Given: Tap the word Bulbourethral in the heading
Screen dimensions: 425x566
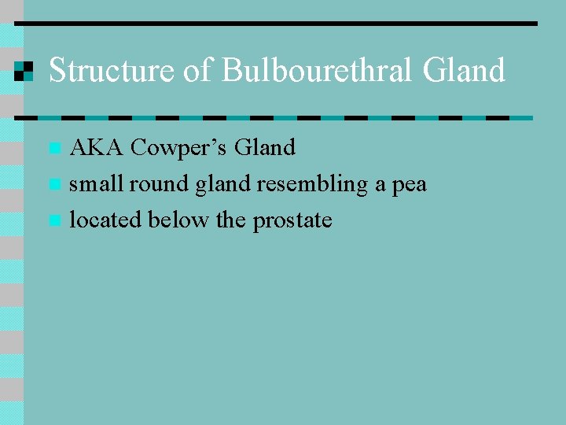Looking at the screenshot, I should (318, 71).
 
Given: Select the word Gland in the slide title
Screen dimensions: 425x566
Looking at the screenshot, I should (464, 71).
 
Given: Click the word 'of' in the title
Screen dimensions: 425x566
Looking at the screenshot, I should (199, 71).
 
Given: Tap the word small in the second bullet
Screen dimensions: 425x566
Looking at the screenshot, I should (96, 184).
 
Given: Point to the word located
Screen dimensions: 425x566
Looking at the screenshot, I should (106, 220).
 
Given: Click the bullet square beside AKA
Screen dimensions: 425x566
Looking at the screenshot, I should (53, 148).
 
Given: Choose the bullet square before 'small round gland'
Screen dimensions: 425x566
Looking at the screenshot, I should (53, 185).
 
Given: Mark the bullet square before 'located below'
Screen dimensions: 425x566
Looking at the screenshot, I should (53, 221).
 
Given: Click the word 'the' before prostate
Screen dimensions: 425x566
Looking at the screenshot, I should (230, 220).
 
